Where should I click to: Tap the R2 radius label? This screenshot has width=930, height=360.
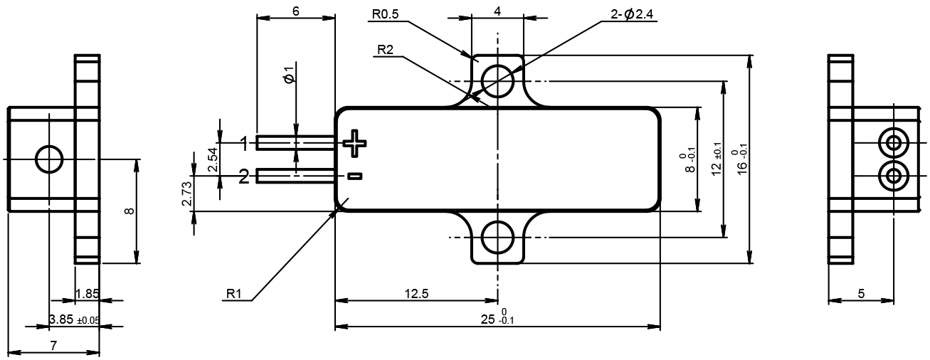[386, 49]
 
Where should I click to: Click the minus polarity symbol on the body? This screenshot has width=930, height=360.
[354, 176]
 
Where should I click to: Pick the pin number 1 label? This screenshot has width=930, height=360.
[244, 144]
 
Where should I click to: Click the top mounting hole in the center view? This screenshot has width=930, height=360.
[497, 79]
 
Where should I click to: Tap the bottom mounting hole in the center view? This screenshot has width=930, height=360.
[497, 238]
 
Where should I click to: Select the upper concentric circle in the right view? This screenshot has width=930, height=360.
[892, 143]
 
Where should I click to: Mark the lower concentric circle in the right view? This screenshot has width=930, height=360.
[892, 174]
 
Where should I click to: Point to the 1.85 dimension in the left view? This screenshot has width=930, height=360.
[87, 293]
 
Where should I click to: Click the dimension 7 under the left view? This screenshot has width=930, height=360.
[53, 345]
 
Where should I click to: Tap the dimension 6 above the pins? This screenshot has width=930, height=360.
[295, 11]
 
